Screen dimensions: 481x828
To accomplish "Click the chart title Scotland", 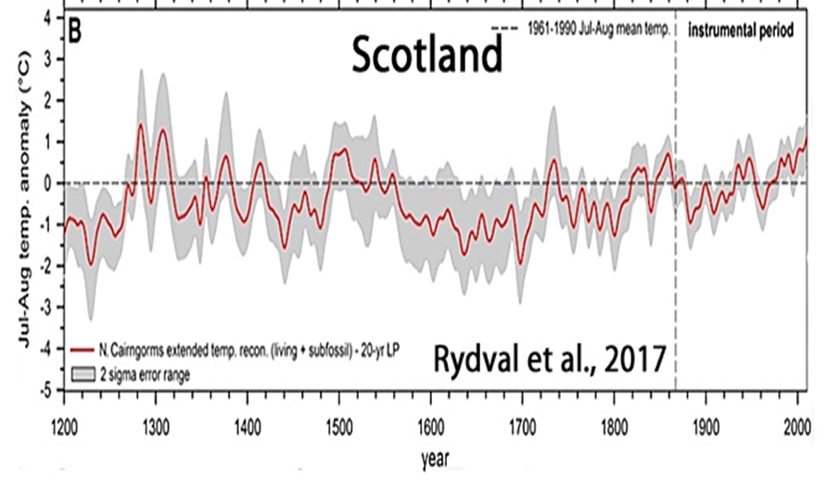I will [x=426, y=58].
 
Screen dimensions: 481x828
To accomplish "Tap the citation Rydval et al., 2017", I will [x=549, y=356].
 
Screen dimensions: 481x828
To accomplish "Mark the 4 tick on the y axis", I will [x=47, y=17].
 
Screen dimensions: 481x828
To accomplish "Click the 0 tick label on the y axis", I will [x=47, y=183].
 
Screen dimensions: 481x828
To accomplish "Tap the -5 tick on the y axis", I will [x=45, y=390].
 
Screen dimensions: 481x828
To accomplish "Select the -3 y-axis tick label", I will [x=45, y=308].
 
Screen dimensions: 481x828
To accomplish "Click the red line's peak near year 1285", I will [x=140, y=124].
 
